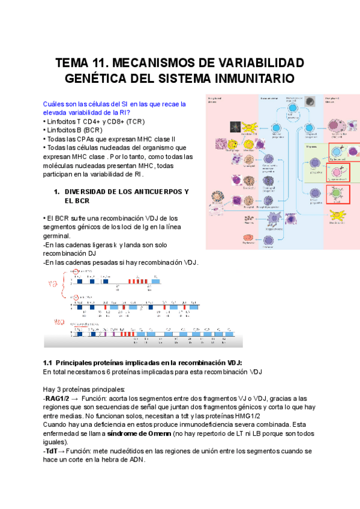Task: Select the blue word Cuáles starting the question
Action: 55,104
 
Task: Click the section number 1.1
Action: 49,363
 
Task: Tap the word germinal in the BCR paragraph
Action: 56,236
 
